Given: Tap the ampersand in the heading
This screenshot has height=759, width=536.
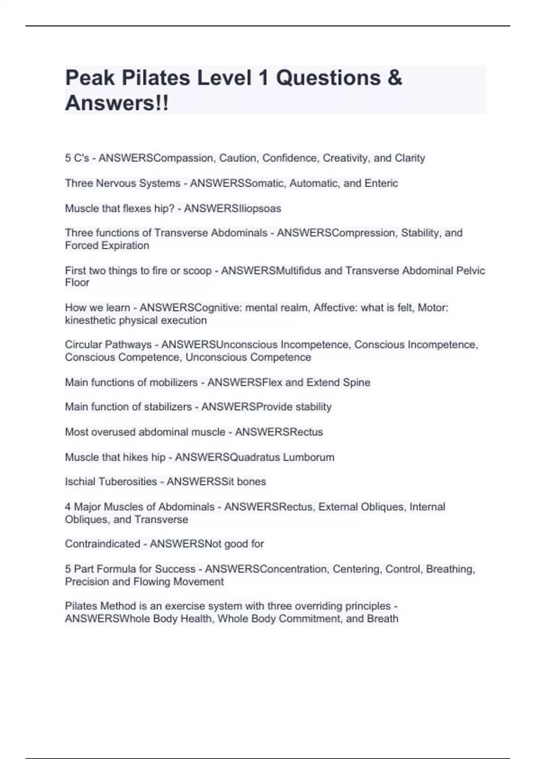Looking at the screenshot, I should coord(394,78).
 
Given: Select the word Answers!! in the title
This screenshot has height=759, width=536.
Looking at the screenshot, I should coord(117,103).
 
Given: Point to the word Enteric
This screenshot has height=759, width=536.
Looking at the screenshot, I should coord(381,183).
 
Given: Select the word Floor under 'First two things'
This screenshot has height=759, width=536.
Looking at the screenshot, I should coord(77,283).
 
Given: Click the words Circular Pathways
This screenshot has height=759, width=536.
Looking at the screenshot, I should coord(108,345).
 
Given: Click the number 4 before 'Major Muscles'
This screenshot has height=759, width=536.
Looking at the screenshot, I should coord(68,507).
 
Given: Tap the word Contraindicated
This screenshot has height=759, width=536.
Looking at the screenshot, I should coord(102,544).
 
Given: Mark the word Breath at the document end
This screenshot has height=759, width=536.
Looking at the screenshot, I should coord(382,619).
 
